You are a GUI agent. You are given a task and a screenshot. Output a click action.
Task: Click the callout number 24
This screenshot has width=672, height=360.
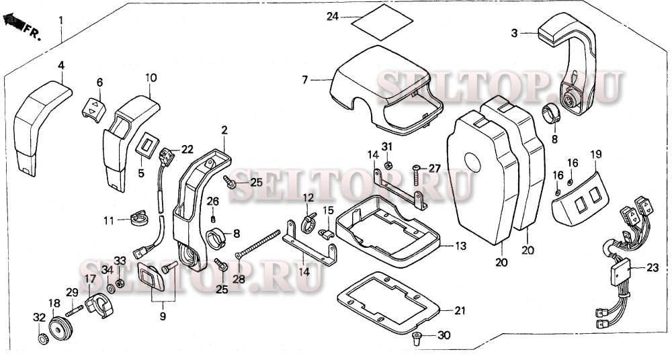click(x=333, y=16)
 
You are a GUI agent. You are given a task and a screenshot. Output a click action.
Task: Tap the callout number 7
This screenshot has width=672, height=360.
click(x=304, y=80)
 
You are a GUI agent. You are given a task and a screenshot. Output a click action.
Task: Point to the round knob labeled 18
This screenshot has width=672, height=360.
click(x=60, y=327)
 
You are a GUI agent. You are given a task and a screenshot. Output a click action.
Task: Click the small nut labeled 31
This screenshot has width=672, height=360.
click(x=387, y=165)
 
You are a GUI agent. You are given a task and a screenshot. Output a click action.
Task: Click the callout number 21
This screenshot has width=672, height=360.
click(x=460, y=311)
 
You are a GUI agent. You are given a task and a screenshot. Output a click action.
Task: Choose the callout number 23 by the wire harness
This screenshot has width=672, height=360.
click(x=653, y=268)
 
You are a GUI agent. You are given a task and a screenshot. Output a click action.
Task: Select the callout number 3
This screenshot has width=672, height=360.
click(x=515, y=33)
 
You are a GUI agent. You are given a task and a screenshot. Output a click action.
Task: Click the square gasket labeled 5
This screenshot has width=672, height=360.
click(x=147, y=144)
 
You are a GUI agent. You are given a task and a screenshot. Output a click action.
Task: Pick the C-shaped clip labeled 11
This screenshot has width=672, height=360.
click(x=138, y=218)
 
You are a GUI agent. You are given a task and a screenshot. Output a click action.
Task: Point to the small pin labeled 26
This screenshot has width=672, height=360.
click(x=213, y=220)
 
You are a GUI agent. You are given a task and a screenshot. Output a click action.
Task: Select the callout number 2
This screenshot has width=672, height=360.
click(x=224, y=130)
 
